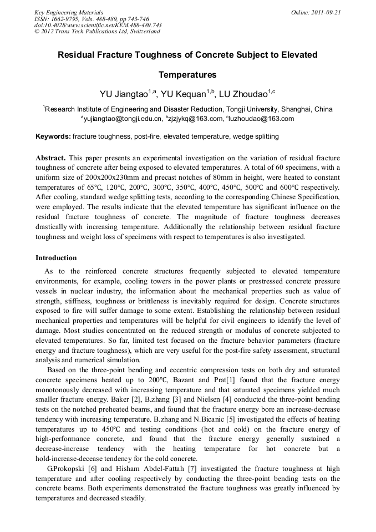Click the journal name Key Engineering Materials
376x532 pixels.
[x=69, y=12]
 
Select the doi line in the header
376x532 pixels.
[x=98, y=25]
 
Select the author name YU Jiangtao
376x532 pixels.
[x=121, y=94]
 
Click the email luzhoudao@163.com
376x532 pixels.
[x=262, y=119]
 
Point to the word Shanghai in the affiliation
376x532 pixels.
[x=297, y=109]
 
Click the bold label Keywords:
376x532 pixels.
[x=53, y=136]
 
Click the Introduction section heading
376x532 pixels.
[x=56, y=258]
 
